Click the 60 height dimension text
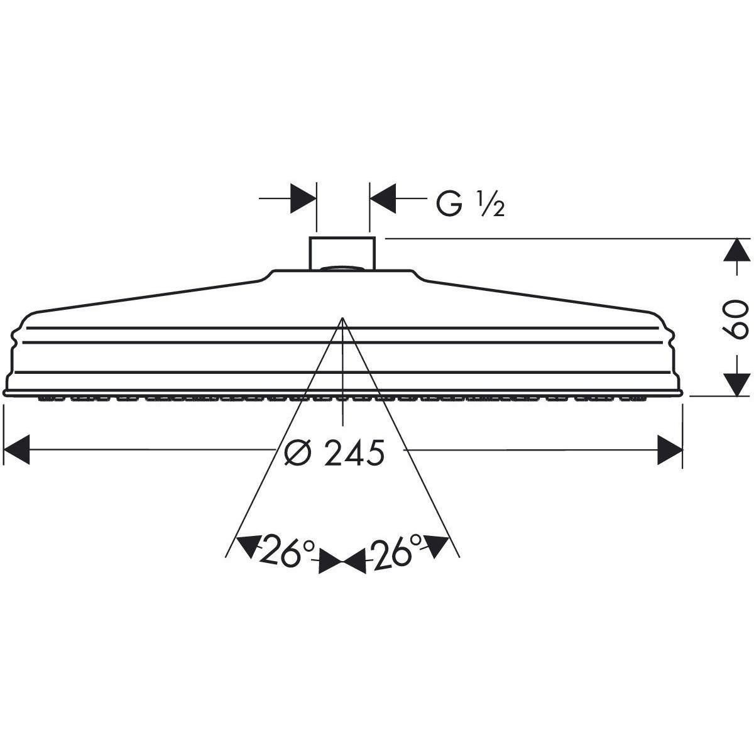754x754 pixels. point(735,319)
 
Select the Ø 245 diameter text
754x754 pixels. point(334,453)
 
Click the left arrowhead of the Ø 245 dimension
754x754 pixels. point(16,450)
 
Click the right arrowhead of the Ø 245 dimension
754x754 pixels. point(670,450)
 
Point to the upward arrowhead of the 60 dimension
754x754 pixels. point(737,249)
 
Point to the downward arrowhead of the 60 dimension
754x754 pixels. point(737,385)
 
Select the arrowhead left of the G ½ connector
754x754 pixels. point(303,199)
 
